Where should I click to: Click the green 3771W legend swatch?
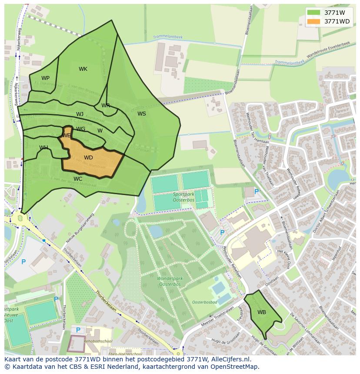[x=313, y=13]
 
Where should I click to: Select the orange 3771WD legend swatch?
[x=313, y=21]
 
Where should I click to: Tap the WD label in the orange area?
[x=88, y=158]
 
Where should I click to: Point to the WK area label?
[x=83, y=69]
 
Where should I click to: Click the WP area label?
[x=45, y=78]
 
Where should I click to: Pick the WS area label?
[x=142, y=114]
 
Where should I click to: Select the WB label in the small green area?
[x=261, y=312]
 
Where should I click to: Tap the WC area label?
[x=78, y=179]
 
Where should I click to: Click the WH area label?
[x=43, y=148]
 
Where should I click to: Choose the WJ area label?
[x=80, y=114]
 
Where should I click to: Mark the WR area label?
[x=106, y=106]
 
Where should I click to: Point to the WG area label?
[x=81, y=129]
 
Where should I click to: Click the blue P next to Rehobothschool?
[x=79, y=330]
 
